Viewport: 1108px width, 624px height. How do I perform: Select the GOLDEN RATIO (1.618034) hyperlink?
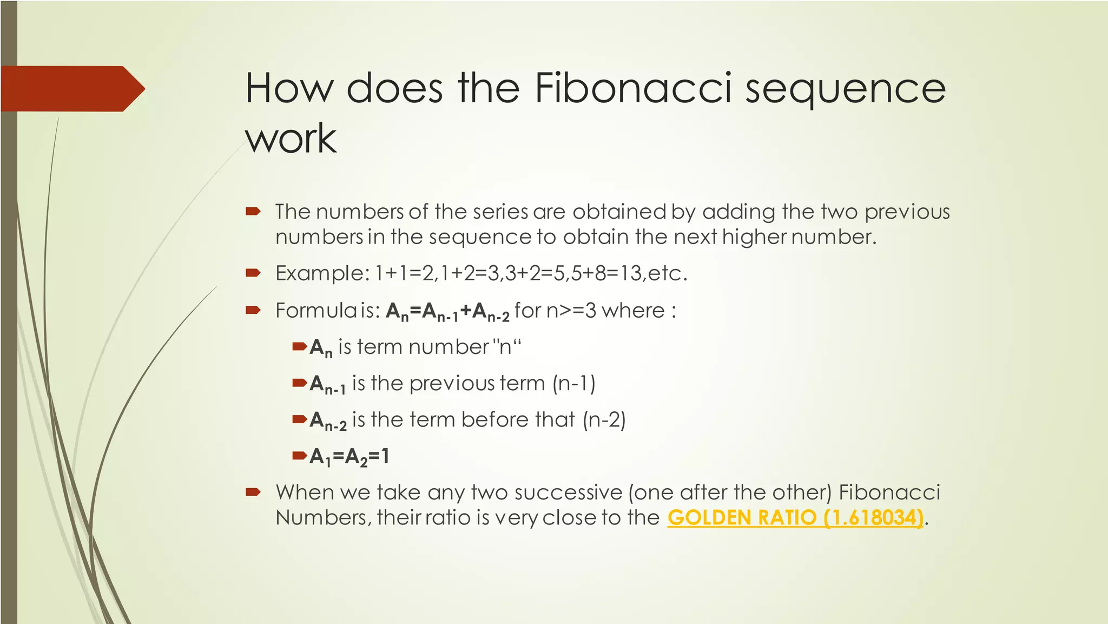[795, 517]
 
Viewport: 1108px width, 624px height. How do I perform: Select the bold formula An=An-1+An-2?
[447, 311]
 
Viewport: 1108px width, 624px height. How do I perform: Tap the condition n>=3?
[571, 311]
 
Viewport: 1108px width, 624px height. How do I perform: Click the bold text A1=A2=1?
[349, 457]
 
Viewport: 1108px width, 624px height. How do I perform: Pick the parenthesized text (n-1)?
[573, 383]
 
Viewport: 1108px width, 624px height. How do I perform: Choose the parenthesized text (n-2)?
[604, 419]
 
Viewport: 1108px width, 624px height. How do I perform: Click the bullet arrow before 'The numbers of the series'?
[253, 211]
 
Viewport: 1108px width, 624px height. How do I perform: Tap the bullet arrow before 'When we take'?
[253, 492]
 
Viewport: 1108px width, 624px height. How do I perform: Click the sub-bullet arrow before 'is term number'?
[299, 346]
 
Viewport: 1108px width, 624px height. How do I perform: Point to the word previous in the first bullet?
[907, 212]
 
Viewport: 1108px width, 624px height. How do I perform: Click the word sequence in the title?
[845, 88]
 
